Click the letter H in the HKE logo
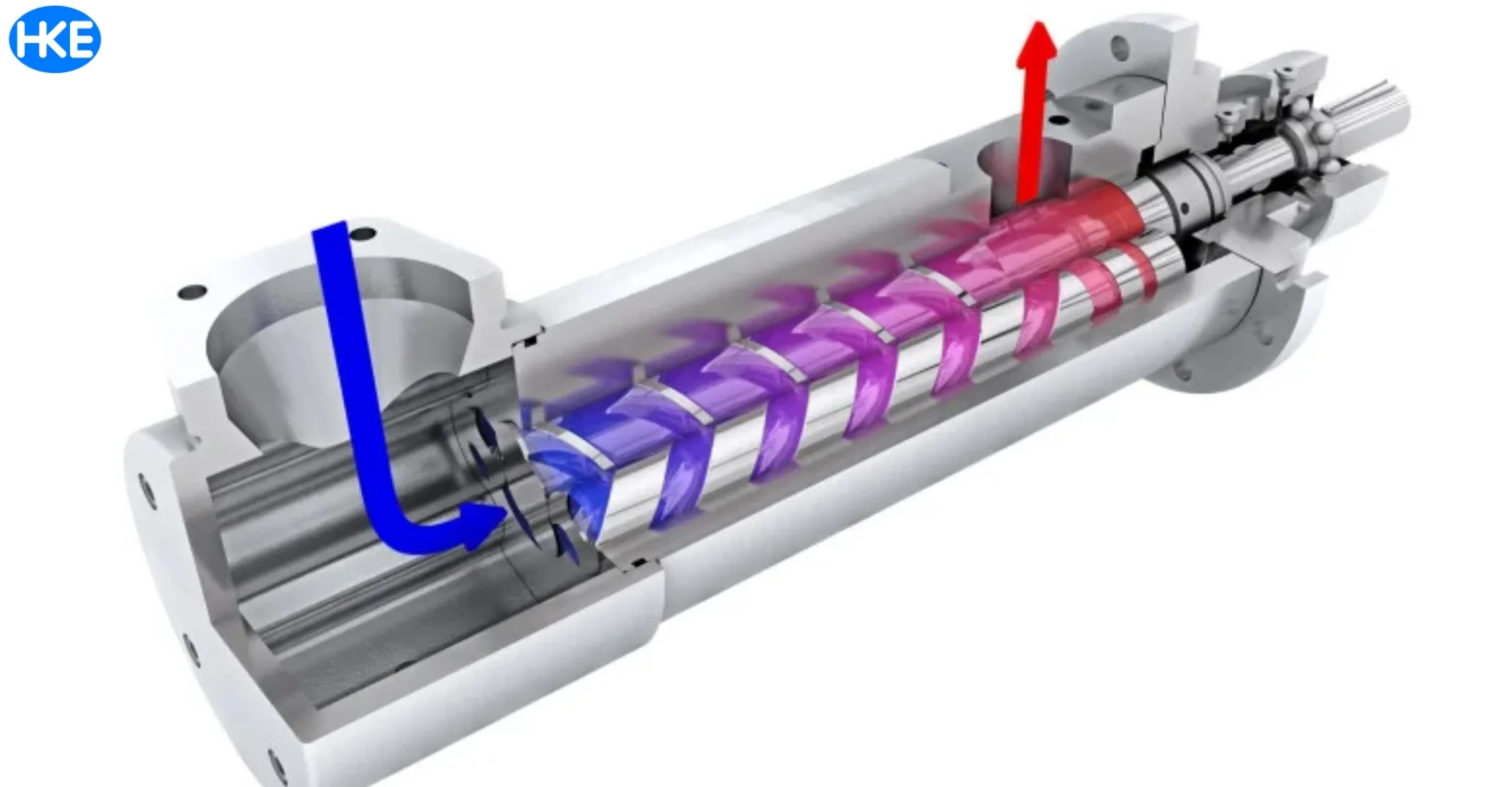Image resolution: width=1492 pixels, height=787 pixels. pyautogui.click(x=29, y=40)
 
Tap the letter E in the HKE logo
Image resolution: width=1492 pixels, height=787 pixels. pyautogui.click(x=82, y=40)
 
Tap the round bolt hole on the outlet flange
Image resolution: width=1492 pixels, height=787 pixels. pyautogui.click(x=1120, y=50)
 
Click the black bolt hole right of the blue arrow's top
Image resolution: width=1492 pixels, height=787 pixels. pyautogui.click(x=363, y=234)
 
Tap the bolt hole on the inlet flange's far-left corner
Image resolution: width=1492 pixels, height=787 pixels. pyautogui.click(x=192, y=292)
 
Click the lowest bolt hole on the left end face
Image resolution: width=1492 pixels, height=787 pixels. pyautogui.click(x=277, y=765)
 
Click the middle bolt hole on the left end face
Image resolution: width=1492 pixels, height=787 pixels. pyautogui.click(x=191, y=649)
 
